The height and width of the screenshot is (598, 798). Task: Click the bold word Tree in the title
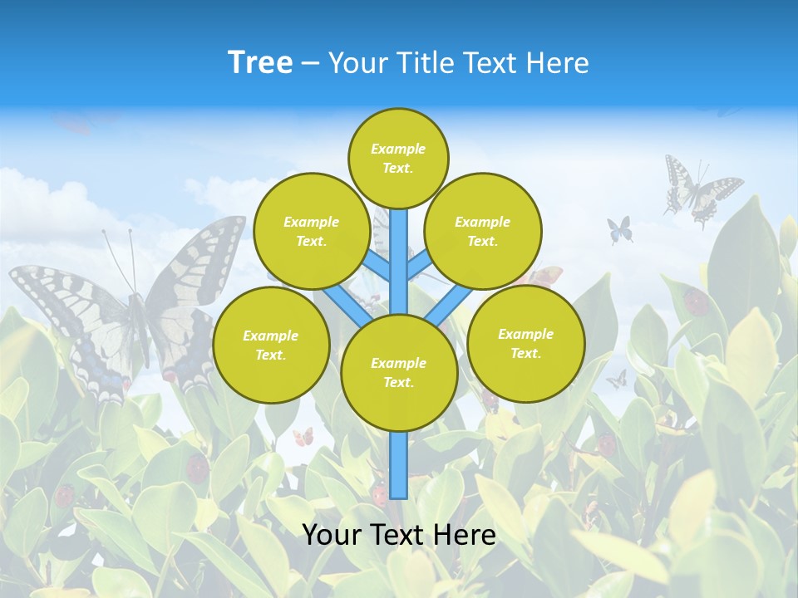(260, 62)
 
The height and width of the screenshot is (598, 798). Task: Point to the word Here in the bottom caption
(465, 535)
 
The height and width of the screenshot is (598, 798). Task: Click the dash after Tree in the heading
(310, 63)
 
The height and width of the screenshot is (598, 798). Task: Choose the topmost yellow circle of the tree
(398, 158)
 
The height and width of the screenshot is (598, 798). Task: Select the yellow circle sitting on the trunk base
(399, 373)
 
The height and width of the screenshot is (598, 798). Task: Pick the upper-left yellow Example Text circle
(312, 231)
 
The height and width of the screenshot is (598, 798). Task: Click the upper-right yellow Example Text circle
(483, 231)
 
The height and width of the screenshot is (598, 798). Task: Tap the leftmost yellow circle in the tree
(271, 345)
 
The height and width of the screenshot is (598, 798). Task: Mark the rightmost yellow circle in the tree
(526, 343)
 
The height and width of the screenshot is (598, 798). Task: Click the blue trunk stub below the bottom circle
(399, 465)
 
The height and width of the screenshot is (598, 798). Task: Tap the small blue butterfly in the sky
(620, 229)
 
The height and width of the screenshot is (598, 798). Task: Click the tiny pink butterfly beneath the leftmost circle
(303, 436)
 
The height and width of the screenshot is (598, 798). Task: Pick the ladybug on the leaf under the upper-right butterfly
(697, 301)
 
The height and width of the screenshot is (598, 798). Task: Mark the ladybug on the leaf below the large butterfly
(197, 468)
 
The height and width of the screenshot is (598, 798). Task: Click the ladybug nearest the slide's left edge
(65, 496)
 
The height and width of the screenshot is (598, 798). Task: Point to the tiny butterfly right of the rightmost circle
(616, 380)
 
